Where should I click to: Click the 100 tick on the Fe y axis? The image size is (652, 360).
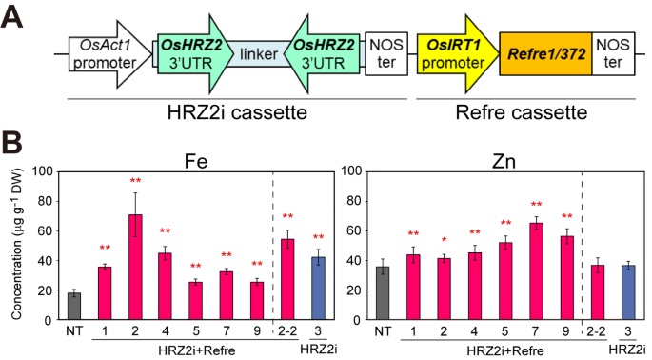[44, 171]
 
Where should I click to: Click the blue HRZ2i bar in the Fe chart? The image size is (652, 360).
[318, 290]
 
